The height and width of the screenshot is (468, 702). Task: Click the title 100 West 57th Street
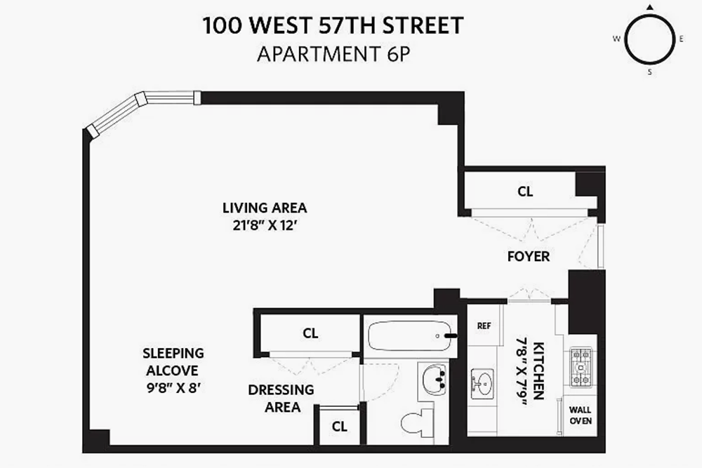pos(333,25)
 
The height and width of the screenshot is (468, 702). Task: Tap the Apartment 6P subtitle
pos(333,54)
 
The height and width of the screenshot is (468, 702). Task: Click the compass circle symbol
pos(649,39)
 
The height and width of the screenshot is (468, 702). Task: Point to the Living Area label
pos(265,208)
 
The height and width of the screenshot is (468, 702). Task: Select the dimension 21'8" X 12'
pos(265,225)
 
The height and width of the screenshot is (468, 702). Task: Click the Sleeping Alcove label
pos(173,362)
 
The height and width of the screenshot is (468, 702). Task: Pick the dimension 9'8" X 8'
pos(173,387)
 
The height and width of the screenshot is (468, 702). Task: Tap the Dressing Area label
pos(282,399)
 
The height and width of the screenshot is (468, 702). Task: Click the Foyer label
pos(529,256)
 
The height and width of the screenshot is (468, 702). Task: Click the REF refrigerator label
pos(484,326)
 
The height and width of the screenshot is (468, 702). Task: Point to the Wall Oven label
pos(581,415)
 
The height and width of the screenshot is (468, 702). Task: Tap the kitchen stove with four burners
pos(581,368)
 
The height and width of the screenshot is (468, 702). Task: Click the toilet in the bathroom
pos(417,420)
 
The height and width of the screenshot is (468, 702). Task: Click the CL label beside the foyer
pos(525,192)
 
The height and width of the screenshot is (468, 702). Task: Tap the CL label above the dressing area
pos(310,333)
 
